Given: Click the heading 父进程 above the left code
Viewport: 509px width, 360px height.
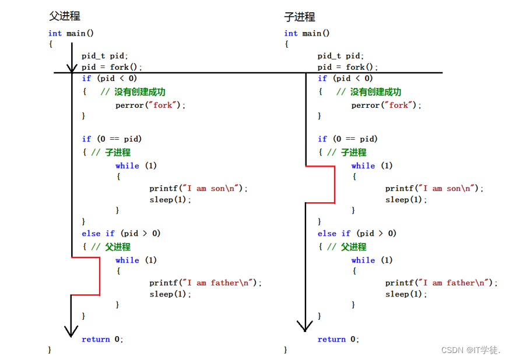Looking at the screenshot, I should pyautogui.click(x=64, y=16).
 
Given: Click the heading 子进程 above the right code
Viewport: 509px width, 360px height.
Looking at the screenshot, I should pyautogui.click(x=300, y=16).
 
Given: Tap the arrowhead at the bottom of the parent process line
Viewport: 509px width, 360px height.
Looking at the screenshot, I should pyautogui.click(x=71, y=330).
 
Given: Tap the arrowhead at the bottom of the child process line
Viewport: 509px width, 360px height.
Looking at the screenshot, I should pyautogui.click(x=305, y=324).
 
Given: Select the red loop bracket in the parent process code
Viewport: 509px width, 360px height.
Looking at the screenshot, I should pyautogui.click(x=99, y=276).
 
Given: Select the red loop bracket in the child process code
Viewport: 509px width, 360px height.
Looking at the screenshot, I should pyautogui.click(x=334, y=184).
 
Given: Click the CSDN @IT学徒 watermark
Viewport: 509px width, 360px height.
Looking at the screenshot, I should pyautogui.click(x=471, y=350).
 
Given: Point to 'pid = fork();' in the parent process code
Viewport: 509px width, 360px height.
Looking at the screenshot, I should pyautogui.click(x=112, y=67).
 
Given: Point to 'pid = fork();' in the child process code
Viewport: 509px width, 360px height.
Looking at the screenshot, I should pyautogui.click(x=347, y=67).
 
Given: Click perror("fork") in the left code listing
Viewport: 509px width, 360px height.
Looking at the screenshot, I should pyautogui.click(x=150, y=105).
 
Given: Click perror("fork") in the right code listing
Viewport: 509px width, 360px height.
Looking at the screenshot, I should pyautogui.click(x=386, y=105).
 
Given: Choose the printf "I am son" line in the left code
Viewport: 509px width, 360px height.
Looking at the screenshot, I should pyautogui.click(x=198, y=189).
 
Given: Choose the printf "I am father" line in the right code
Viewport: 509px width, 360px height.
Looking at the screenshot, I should pyautogui.click(x=441, y=283).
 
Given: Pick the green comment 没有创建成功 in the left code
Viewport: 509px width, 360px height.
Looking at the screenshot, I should pyautogui.click(x=132, y=92).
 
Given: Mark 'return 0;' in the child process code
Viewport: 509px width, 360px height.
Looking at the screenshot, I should pyautogui.click(x=338, y=339).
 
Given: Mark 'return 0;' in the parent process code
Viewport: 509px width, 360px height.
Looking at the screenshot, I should pyautogui.click(x=103, y=339).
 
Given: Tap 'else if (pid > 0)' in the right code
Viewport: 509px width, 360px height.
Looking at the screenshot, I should pyautogui.click(x=357, y=234).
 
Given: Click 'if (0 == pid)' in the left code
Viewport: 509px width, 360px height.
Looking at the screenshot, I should pyautogui.click(x=112, y=139).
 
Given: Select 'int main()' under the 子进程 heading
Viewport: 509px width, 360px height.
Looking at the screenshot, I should pyautogui.click(x=307, y=33).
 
